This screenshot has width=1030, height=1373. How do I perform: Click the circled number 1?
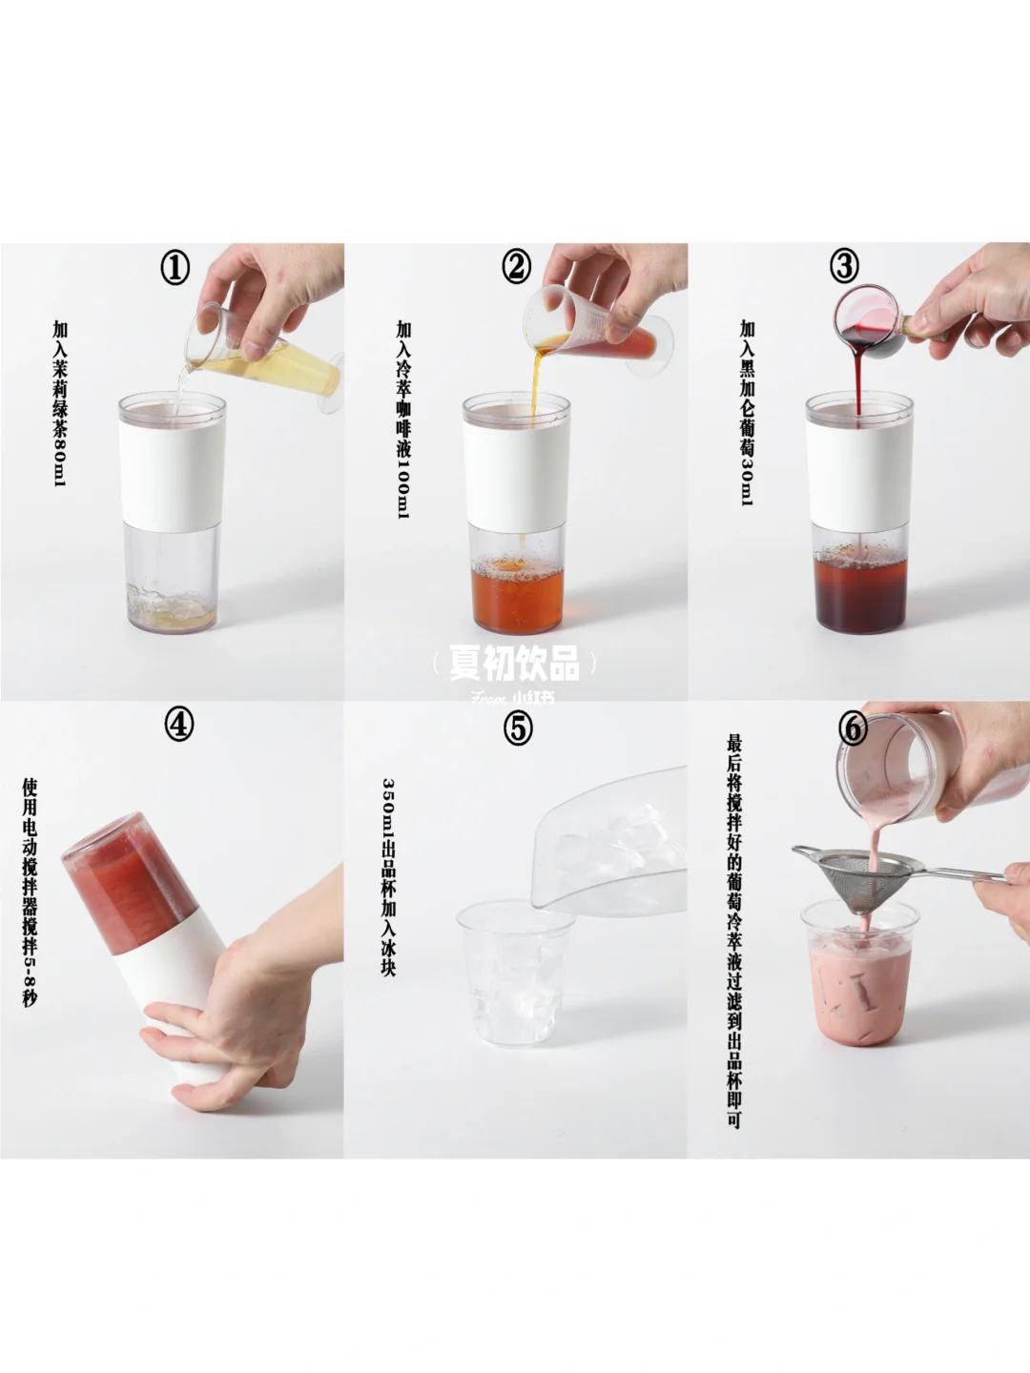pos(175,268)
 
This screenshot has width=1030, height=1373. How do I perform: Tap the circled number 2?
pos(517,267)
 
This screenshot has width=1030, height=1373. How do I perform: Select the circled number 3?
pos(844,266)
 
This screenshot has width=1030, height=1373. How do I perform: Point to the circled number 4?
pos(179,726)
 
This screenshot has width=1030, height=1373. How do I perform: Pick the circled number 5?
pos(518,729)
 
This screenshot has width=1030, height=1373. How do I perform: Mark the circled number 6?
pos(853,729)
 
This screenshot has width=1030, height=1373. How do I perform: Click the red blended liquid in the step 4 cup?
pos(132,875)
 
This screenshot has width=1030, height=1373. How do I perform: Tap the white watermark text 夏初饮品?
pos(515,664)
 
